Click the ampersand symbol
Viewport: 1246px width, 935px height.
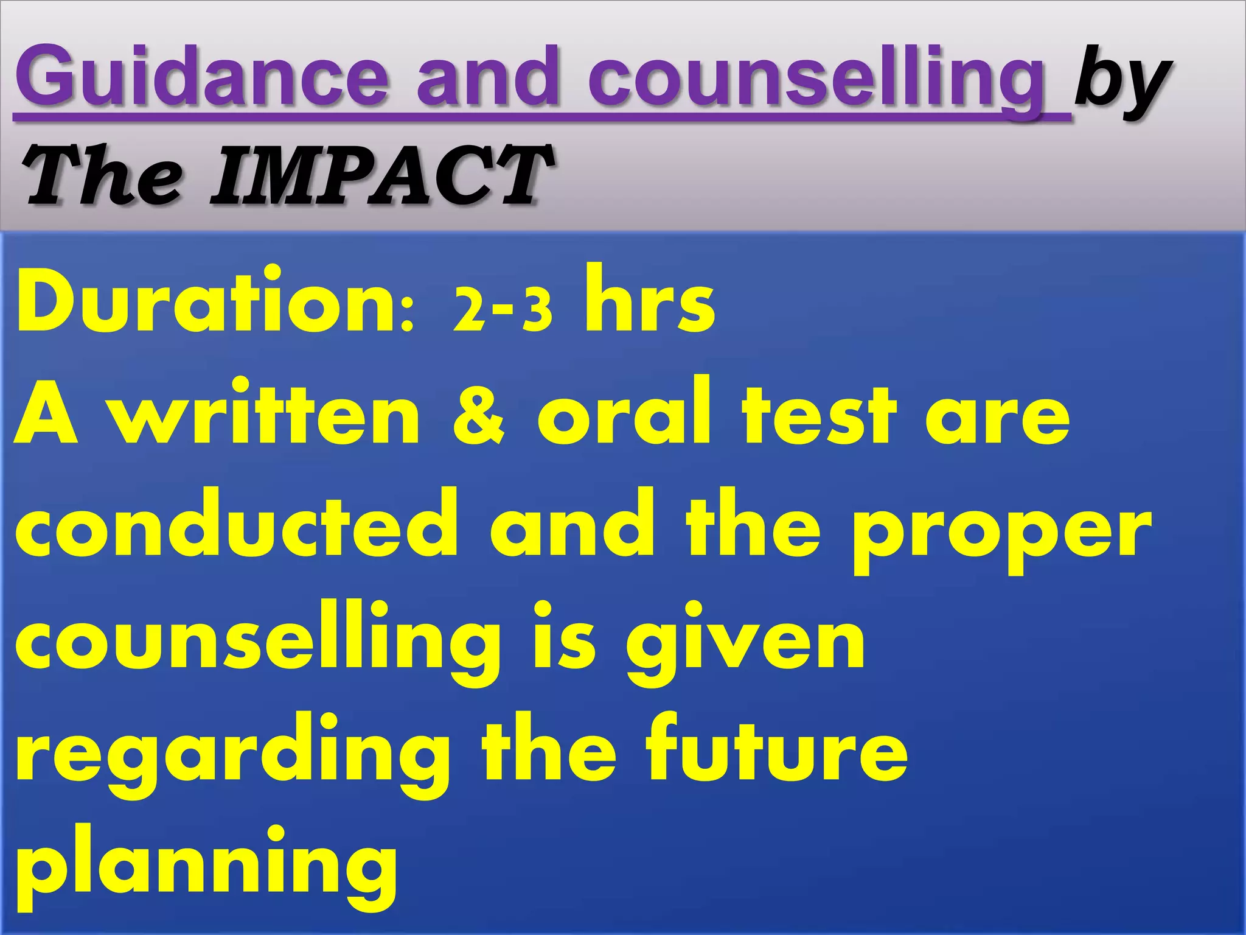click(x=478, y=417)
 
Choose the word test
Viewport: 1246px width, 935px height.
click(x=819, y=415)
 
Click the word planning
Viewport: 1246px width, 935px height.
click(x=206, y=867)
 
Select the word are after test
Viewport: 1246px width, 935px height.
click(x=997, y=420)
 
